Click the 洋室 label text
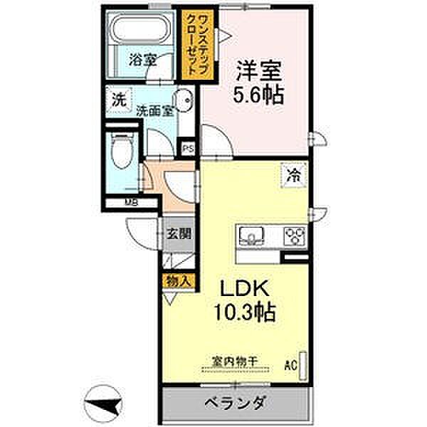pyautogui.click(x=259, y=71)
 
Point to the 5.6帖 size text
pyautogui.click(x=259, y=95)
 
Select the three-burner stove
pyautogui.click(x=294, y=234)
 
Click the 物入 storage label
pyautogui.click(x=178, y=281)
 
